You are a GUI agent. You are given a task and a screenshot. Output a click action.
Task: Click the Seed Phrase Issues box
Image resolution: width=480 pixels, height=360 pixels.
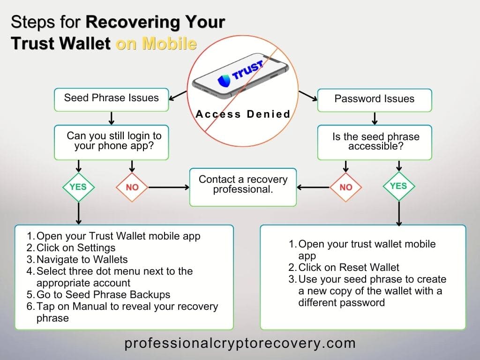111,98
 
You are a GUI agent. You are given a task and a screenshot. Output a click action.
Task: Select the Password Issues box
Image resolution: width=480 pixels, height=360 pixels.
374,99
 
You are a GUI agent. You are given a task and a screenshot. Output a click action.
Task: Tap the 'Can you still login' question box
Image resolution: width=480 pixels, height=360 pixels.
111,141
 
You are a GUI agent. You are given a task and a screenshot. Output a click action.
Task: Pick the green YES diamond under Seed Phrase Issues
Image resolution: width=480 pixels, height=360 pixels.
78,187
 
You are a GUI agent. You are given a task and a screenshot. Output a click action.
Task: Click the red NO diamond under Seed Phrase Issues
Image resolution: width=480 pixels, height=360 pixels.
132,187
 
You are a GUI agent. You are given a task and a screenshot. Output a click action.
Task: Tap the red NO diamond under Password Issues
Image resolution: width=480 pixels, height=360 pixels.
345,187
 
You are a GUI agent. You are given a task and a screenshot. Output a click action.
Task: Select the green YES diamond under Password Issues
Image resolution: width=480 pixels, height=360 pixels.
398,186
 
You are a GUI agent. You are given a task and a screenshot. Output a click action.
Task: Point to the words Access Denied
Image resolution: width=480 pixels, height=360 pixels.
243,114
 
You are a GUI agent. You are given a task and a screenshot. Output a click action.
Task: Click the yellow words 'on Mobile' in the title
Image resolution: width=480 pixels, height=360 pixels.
156,44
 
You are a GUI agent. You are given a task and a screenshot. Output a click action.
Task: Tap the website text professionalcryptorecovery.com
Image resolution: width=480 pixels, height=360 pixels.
240,344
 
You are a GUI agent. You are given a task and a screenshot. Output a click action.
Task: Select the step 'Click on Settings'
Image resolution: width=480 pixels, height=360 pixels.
75,247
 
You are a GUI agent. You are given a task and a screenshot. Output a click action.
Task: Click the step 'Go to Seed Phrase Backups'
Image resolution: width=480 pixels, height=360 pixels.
103,294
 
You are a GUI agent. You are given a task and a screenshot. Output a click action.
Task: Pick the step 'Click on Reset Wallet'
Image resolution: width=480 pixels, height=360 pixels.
348,267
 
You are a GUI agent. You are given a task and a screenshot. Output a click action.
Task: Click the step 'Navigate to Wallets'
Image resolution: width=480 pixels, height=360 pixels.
82,259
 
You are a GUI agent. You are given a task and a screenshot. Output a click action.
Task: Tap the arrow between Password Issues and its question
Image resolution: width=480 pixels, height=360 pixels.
374,118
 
